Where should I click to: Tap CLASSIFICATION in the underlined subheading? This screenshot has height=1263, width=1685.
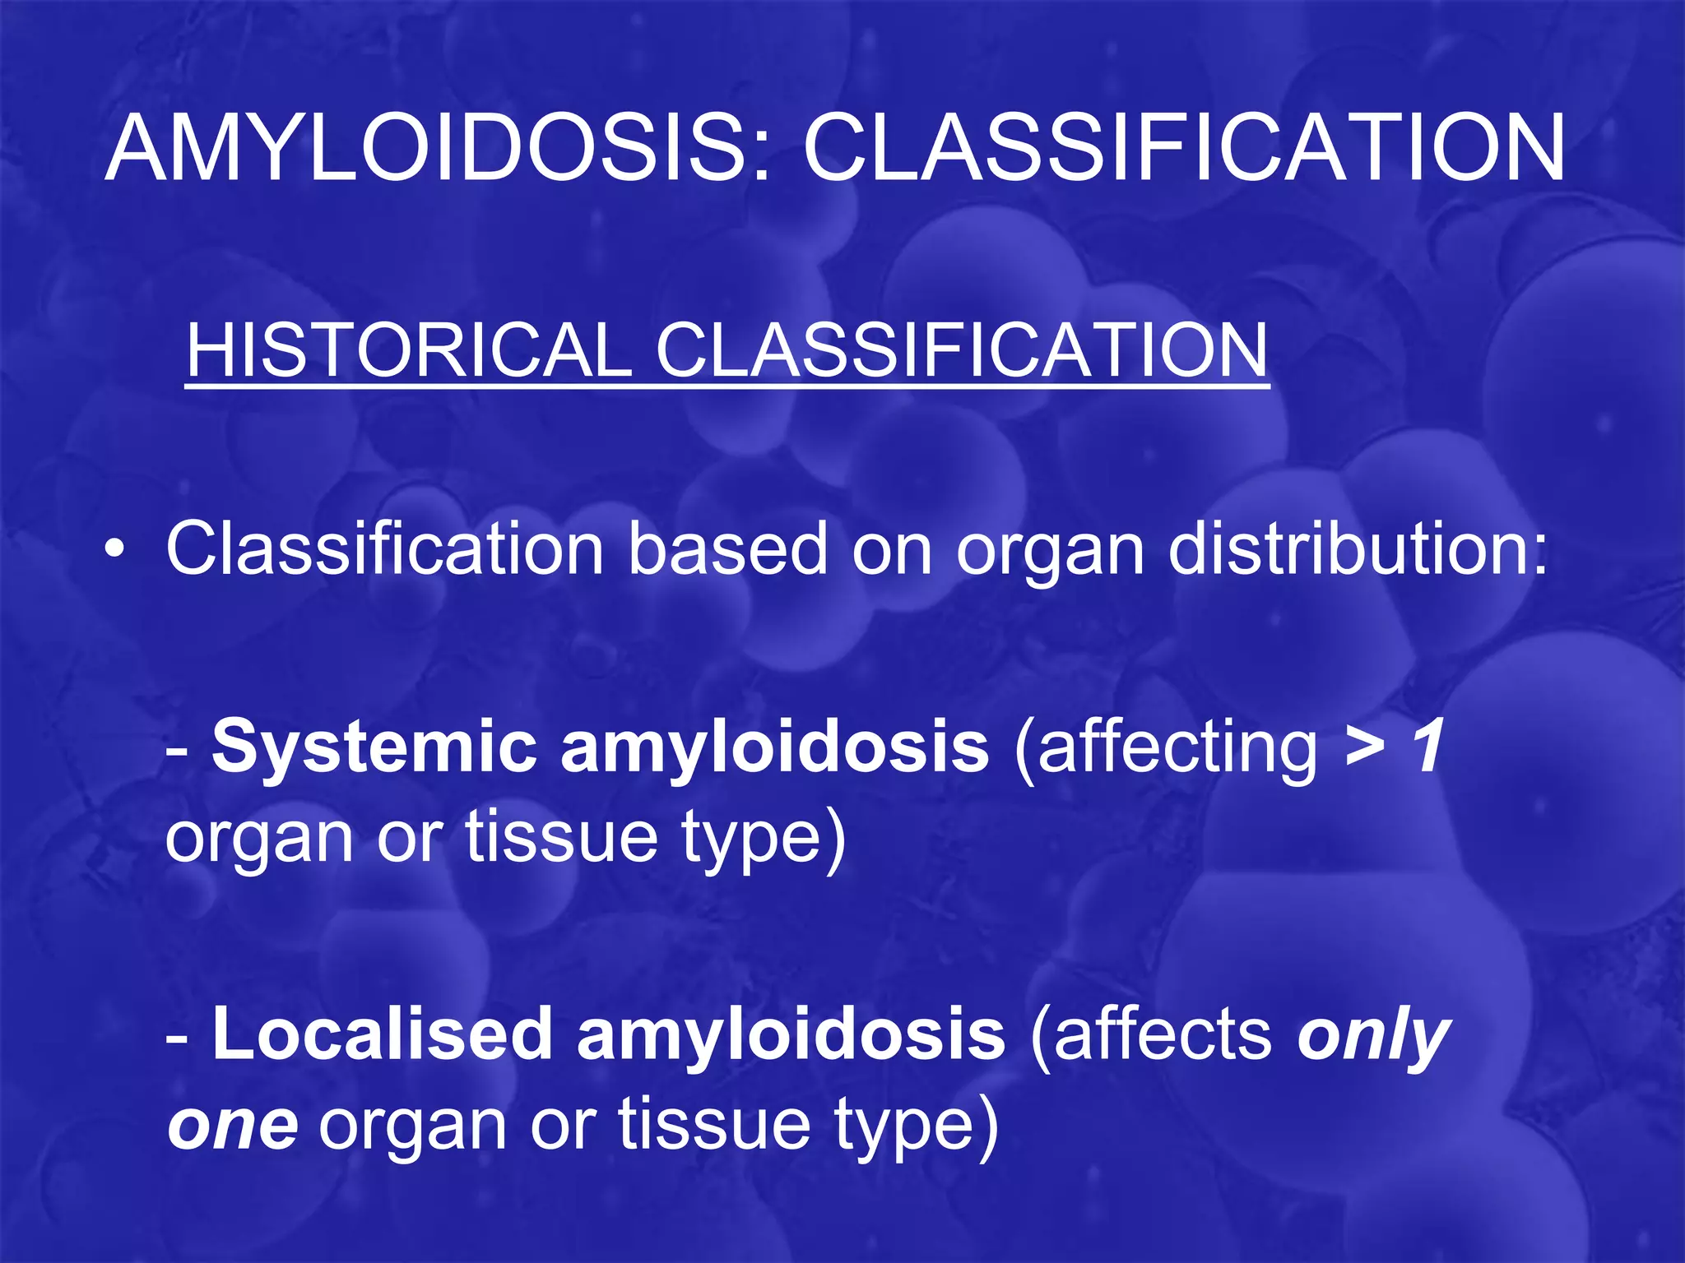coord(962,350)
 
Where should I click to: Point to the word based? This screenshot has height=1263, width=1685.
coord(728,549)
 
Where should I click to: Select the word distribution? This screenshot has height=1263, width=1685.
coord(1358,549)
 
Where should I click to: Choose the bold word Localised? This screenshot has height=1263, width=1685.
coord(383,1034)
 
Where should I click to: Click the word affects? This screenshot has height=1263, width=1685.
coord(1152,1034)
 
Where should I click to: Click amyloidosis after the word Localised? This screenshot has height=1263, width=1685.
coord(791,1034)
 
